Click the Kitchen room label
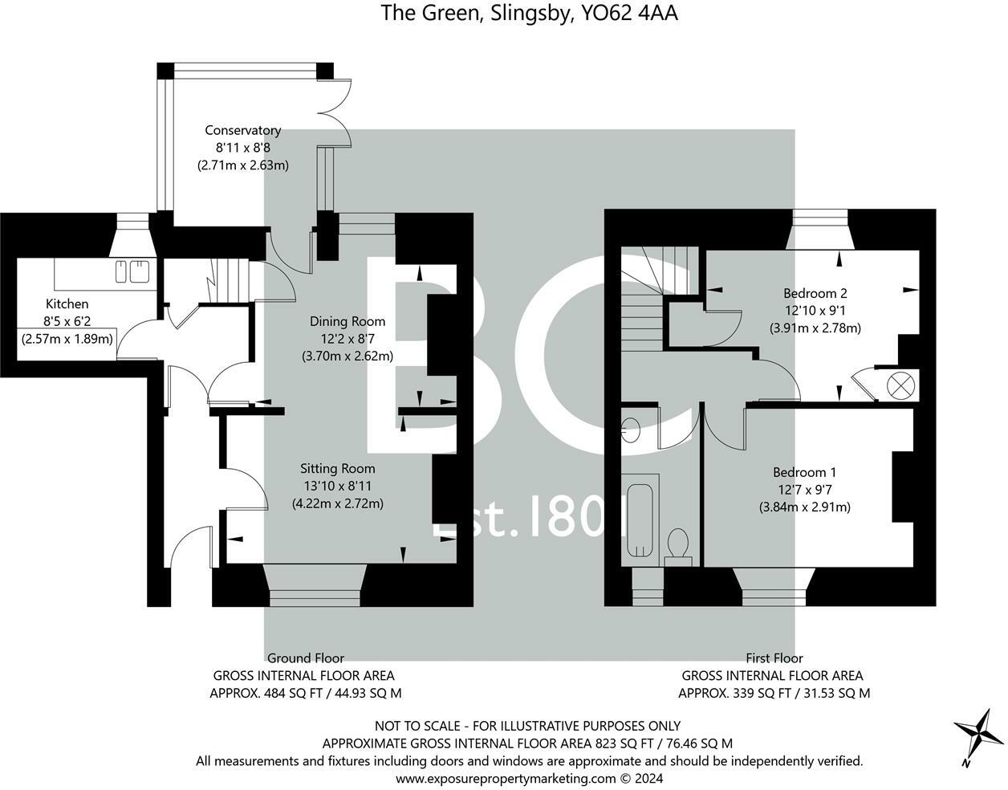pyautogui.click(x=67, y=303)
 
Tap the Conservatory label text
pyautogui.click(x=243, y=130)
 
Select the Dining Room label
pyautogui.click(x=348, y=321)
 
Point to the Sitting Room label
pyautogui.click(x=338, y=469)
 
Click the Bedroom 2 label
pyautogui.click(x=815, y=293)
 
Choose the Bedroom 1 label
pyautogui.click(x=804, y=472)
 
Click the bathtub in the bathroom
pyautogui.click(x=640, y=520)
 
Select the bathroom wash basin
pyautogui.click(x=631, y=430)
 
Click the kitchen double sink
pyautogui.click(x=132, y=271)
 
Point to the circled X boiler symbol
pyautogui.click(x=900, y=385)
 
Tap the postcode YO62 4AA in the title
pyautogui.click(x=629, y=13)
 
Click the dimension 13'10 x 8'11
pyautogui.click(x=338, y=486)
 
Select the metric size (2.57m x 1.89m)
pyautogui.click(x=67, y=339)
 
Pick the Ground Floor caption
pyautogui.click(x=306, y=658)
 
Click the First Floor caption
pyautogui.click(x=774, y=658)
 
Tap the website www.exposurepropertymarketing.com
pyautogui.click(x=506, y=778)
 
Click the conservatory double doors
pyautogui.click(x=335, y=113)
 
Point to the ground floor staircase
pyautogui.click(x=230, y=280)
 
